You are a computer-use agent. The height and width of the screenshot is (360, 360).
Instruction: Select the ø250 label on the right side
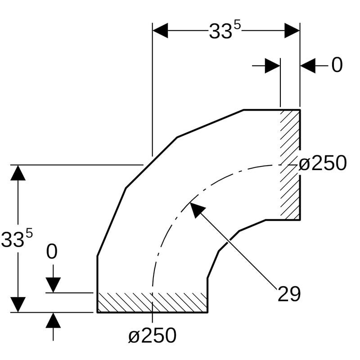323,163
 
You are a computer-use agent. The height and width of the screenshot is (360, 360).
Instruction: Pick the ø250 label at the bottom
152,336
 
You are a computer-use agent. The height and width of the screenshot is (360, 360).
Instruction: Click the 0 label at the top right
337,66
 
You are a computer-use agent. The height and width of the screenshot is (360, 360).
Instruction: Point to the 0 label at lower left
52,252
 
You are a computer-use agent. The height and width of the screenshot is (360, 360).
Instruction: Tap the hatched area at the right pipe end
290,165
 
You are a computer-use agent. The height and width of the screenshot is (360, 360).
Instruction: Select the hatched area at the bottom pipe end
152,302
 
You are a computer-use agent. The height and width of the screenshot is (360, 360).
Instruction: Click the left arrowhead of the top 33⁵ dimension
161,31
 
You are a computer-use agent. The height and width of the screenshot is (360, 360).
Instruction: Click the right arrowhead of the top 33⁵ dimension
292,31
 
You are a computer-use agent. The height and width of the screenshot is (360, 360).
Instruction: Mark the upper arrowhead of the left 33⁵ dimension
18,173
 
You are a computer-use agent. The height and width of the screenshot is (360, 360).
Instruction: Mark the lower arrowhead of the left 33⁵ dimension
18,304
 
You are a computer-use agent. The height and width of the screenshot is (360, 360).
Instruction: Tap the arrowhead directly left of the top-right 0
308,66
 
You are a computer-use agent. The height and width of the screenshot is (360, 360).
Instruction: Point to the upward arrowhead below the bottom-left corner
53,320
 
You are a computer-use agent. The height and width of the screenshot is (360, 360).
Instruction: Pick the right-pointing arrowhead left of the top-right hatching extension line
273,66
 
